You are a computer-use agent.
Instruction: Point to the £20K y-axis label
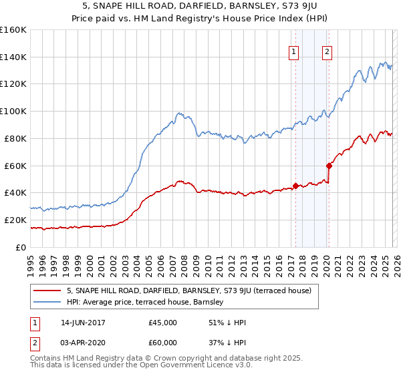coord(13,220)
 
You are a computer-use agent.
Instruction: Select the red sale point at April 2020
coord(328,165)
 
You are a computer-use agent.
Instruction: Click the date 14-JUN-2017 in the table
coord(83,323)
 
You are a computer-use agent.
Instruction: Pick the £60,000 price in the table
coord(162,344)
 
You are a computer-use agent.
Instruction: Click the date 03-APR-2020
coord(83,344)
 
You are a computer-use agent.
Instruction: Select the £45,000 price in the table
coord(162,323)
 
